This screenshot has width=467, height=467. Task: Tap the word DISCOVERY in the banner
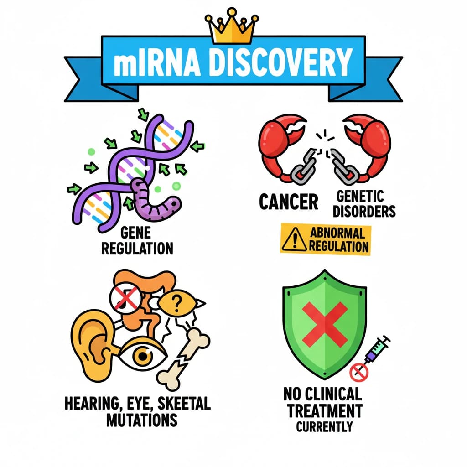pyautogui.click(x=280, y=63)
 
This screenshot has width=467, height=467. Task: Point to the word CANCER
pyautogui.click(x=289, y=202)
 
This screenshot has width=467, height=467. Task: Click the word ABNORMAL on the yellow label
pyautogui.click(x=337, y=233)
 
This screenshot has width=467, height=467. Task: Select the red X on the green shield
pyautogui.click(x=325, y=324)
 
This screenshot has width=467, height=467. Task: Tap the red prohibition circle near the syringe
pyautogui.click(x=359, y=372)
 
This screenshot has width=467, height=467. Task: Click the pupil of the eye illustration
pyautogui.click(x=143, y=356)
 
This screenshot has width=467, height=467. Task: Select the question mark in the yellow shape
pyautogui.click(x=177, y=303)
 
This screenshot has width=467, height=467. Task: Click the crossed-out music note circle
pyautogui.click(x=125, y=298)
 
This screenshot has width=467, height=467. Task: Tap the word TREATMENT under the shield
pyautogui.click(x=325, y=411)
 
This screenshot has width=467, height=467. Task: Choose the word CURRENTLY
pyautogui.click(x=324, y=427)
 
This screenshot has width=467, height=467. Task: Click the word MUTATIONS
pyautogui.click(x=142, y=420)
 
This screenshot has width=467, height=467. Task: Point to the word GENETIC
pyautogui.click(x=360, y=197)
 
